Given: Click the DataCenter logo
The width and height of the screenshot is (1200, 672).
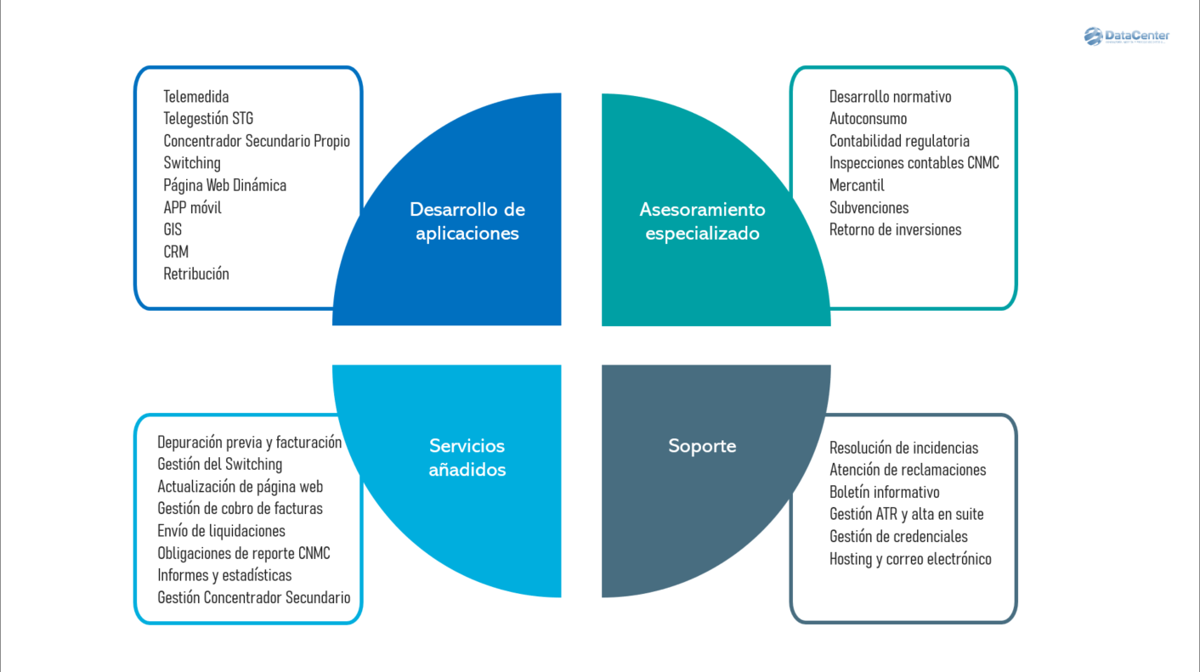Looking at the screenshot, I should click(x=1126, y=37).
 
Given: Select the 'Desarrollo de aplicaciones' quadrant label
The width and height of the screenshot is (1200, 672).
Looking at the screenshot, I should click(x=467, y=221).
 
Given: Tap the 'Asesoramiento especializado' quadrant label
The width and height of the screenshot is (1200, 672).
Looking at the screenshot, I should click(x=702, y=221).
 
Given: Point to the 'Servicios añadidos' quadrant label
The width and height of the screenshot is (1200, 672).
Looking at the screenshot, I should click(x=467, y=457).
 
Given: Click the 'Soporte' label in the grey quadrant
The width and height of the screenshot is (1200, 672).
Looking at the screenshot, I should click(x=702, y=446).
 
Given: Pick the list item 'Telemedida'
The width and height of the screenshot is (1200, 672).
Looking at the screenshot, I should click(x=196, y=97).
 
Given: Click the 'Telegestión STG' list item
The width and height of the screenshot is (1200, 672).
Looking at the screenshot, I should click(x=208, y=119).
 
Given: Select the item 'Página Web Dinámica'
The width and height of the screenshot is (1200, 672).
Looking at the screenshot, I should click(x=224, y=185).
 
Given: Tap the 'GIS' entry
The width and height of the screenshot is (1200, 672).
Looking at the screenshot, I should click(x=173, y=229).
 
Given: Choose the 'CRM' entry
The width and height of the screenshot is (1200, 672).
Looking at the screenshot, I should click(x=176, y=251).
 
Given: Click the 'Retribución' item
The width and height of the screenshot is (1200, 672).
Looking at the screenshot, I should click(x=196, y=274).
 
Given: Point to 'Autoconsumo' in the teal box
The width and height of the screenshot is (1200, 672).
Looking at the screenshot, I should click(x=868, y=119).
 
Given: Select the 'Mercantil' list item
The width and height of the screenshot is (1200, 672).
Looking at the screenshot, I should click(x=857, y=185).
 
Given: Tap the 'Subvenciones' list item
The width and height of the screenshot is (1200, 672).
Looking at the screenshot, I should click(x=869, y=207).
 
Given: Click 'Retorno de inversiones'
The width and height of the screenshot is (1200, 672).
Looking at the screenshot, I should click(x=895, y=229).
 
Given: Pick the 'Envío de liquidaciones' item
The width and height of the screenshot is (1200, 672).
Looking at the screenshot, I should click(x=221, y=531).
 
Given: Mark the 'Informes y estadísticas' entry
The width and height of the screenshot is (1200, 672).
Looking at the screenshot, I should click(x=224, y=575).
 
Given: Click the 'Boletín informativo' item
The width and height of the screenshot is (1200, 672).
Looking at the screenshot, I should click(x=884, y=492).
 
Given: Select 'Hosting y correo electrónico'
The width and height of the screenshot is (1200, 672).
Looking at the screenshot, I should click(x=910, y=558).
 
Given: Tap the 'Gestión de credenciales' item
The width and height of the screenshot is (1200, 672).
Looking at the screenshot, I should click(x=898, y=536).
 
